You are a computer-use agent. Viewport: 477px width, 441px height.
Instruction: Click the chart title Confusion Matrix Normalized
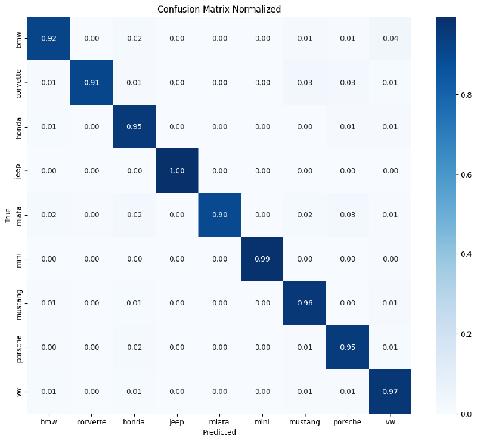coord(219,10)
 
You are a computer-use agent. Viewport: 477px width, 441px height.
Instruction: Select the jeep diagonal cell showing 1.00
coord(176,170)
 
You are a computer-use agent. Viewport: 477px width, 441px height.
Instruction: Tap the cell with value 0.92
coord(48,39)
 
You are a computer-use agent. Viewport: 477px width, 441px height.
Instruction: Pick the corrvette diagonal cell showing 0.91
coord(91,83)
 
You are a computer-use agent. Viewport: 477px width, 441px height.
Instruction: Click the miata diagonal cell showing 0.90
coord(219,215)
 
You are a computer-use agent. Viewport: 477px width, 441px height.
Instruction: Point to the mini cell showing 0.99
coord(261,259)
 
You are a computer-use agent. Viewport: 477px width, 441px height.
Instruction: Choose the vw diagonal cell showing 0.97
coord(391,391)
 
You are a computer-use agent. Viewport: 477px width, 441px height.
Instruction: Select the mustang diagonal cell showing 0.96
coord(304,303)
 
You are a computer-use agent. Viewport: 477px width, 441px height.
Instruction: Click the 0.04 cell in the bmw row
coord(391,39)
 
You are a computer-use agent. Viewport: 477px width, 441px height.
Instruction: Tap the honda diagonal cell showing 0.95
coord(134,127)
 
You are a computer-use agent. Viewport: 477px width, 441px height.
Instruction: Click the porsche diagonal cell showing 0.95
coord(347,347)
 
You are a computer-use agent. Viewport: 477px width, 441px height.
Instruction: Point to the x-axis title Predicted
coord(219,432)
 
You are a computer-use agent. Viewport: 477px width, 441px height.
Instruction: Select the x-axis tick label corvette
coord(91,421)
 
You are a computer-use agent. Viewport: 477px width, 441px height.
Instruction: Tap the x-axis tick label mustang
coord(304,421)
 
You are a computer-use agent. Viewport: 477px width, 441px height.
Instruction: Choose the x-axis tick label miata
coord(219,421)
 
